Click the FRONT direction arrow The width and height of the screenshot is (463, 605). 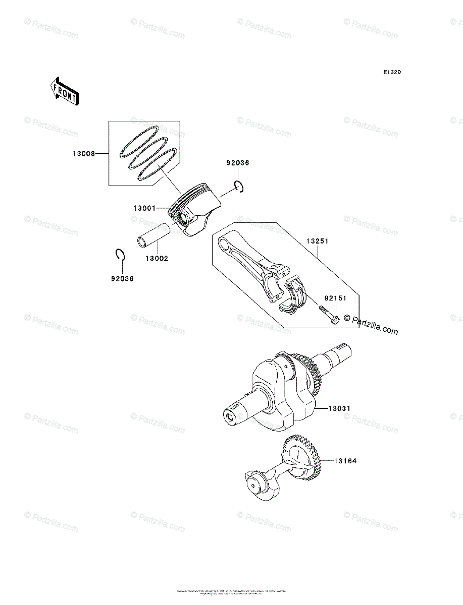(x=63, y=91)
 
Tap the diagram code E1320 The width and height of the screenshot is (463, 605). (x=391, y=73)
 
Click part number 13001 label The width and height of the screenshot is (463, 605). (x=145, y=208)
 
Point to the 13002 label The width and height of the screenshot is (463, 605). (x=157, y=258)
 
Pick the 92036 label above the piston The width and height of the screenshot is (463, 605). (x=237, y=163)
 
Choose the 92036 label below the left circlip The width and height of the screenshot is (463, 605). (x=122, y=278)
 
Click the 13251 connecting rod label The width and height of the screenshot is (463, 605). (x=317, y=241)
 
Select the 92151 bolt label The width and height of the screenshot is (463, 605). (x=335, y=298)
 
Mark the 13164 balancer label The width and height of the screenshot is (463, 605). (x=345, y=461)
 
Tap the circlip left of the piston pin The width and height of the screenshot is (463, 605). (x=120, y=255)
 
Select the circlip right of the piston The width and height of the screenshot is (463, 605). (x=239, y=187)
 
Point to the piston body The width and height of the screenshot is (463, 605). (x=194, y=212)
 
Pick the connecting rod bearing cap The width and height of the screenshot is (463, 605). (x=295, y=295)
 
